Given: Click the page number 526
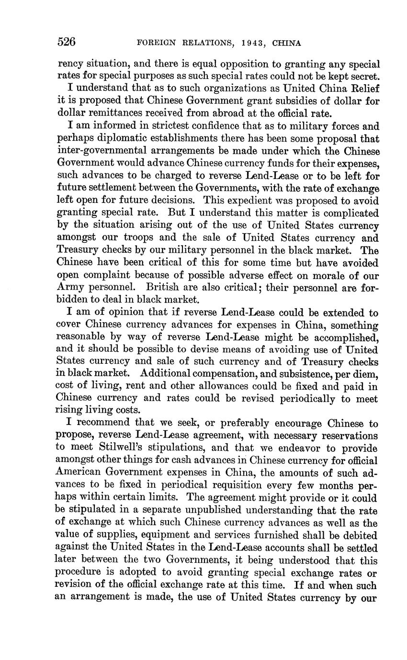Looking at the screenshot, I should (x=67, y=42).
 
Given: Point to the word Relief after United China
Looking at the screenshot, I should (x=363, y=88).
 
